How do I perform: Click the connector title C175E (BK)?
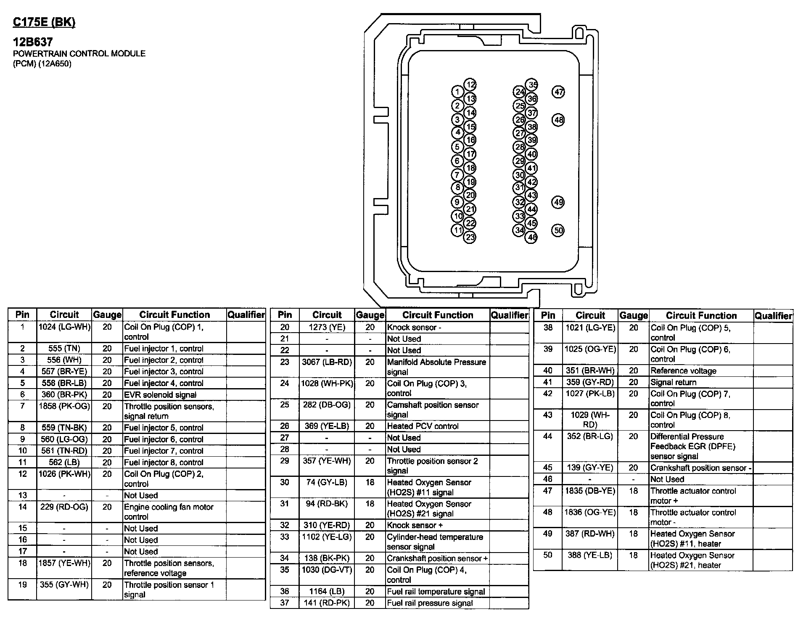[44, 22]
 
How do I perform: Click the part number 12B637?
[32, 42]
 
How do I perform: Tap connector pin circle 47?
[558, 92]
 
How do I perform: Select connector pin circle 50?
[558, 230]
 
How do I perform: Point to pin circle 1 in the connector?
[457, 92]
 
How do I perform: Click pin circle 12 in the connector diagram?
[470, 85]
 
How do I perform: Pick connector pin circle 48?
[558, 120]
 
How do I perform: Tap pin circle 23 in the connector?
[470, 237]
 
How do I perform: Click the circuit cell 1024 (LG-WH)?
[64, 327]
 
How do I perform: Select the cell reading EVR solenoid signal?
[160, 395]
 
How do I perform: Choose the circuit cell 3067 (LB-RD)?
[327, 362]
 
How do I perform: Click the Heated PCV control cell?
[423, 426]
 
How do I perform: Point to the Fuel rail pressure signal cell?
[430, 603]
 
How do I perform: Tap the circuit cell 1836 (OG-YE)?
[590, 513]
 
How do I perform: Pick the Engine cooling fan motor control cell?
[169, 512]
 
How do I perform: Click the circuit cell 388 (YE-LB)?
[590, 556]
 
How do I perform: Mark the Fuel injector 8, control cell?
[164, 463]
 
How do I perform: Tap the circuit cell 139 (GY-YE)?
[590, 468]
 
